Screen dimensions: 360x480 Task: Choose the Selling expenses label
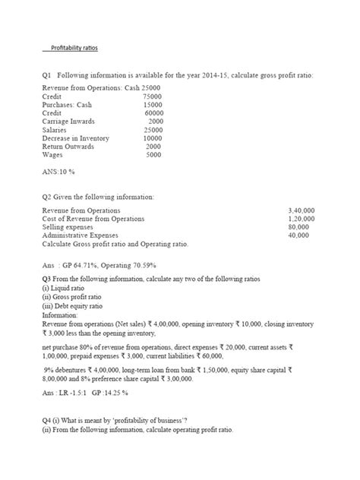(68, 227)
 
